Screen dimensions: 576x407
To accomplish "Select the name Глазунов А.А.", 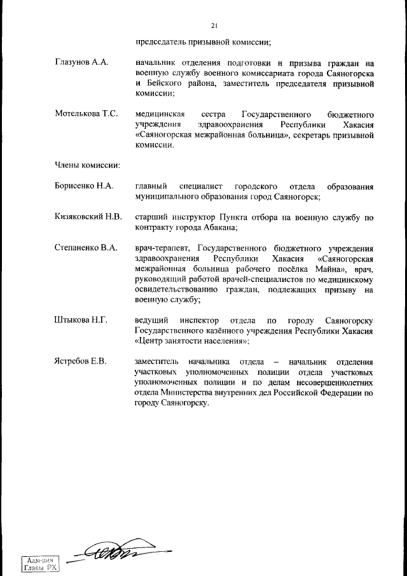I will [82, 63].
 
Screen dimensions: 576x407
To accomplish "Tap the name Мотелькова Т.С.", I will [86, 113].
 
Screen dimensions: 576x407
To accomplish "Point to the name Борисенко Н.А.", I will [84, 186].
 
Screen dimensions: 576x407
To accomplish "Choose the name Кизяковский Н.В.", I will [88, 217].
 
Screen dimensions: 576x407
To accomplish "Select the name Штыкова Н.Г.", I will [80, 320].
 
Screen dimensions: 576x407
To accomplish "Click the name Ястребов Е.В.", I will [81, 362].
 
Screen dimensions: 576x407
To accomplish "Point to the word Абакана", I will [221, 227].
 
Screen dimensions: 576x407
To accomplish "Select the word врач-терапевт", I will [163, 248].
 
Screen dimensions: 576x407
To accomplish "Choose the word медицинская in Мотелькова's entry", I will [160, 113].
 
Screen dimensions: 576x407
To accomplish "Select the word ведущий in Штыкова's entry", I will [153, 320].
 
